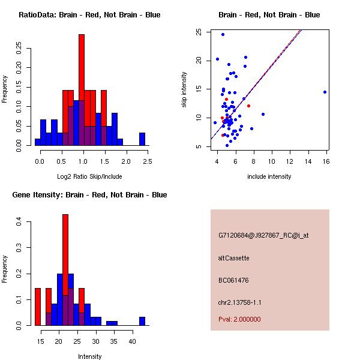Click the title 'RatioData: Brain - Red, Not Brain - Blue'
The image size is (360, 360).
point(89,15)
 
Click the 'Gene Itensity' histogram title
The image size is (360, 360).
point(89,195)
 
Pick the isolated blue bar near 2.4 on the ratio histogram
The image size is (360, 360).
point(142,139)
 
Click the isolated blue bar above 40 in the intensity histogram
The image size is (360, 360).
point(142,321)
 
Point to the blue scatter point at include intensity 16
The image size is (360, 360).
point(325,92)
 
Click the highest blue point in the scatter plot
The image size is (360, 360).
point(223,34)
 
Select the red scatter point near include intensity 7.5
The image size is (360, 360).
point(248,106)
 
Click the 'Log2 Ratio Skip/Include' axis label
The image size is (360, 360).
point(89,176)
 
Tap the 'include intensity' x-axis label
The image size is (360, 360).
point(269,176)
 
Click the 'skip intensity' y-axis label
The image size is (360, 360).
point(184,90)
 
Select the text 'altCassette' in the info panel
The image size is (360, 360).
point(234,258)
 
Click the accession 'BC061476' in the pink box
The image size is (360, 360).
point(233,280)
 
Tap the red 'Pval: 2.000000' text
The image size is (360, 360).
point(239,319)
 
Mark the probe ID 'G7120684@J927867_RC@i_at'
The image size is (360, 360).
point(263,236)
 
